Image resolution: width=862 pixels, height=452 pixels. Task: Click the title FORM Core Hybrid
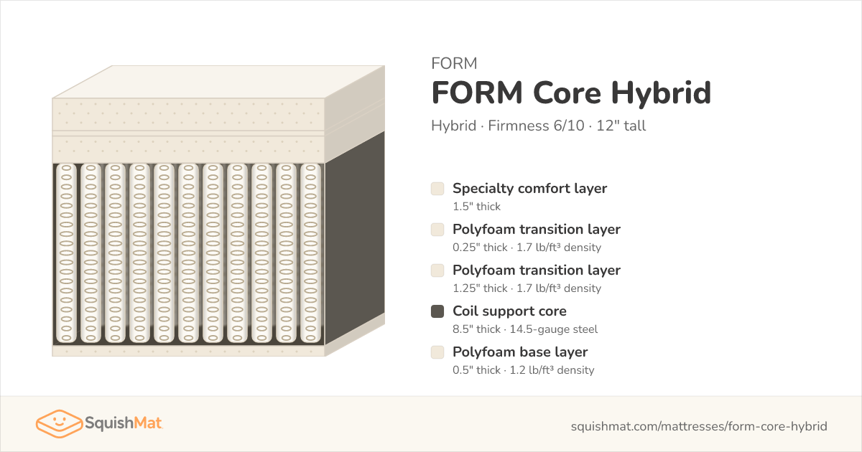571,93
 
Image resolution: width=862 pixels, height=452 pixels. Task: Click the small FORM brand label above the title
454,63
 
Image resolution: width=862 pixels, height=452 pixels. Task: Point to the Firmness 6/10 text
536,126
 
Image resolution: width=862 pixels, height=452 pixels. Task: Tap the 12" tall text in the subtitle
621,126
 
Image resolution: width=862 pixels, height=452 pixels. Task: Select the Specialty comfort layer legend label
529,188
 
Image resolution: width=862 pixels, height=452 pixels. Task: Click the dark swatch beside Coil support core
437,311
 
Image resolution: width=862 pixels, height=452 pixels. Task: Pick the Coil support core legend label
509,311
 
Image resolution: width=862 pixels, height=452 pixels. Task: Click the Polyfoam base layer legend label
520,352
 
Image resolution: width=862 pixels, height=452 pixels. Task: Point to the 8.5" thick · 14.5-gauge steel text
525,329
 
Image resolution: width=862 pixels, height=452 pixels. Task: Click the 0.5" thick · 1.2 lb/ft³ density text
524,370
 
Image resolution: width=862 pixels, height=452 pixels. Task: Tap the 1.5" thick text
476,207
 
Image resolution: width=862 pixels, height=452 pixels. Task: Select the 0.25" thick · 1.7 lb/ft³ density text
527,248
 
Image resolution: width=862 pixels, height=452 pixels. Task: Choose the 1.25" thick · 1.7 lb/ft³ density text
527,288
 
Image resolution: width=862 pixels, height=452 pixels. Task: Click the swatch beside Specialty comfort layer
437,189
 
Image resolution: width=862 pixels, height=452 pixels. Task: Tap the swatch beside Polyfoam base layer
437,352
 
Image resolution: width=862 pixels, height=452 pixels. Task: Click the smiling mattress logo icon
59,423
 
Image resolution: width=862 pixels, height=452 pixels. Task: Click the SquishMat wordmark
124,423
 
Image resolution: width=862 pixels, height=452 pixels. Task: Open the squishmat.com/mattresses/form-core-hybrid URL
699,426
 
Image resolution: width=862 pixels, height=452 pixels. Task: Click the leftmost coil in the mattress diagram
66,253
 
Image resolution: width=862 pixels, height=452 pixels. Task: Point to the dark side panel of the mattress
355,238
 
